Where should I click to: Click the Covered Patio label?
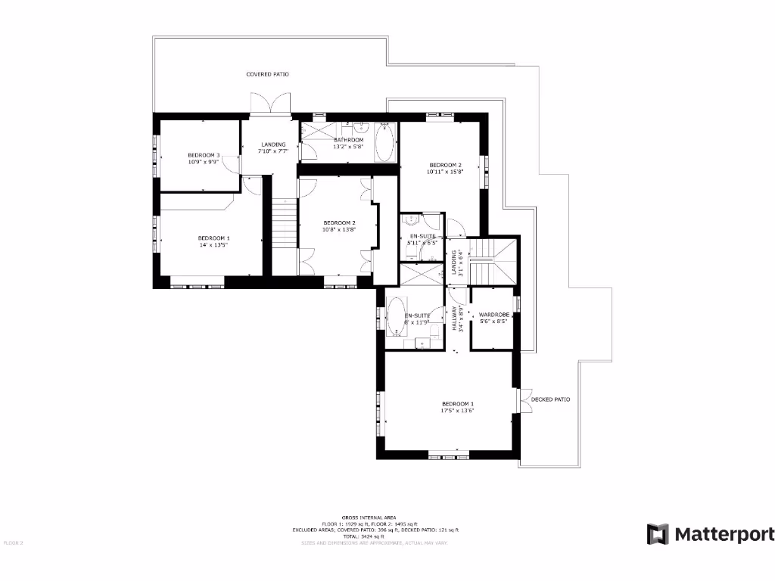click(267, 74)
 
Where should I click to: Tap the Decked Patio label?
click(550, 399)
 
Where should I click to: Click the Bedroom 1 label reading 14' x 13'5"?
click(213, 241)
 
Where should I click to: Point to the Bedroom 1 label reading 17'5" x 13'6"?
click(457, 407)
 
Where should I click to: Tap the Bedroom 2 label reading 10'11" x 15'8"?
click(445, 168)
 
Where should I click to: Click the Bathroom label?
click(348, 143)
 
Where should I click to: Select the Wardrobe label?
click(492, 318)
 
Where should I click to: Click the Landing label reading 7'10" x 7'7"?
click(273, 148)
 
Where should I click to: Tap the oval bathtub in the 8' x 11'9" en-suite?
click(396, 316)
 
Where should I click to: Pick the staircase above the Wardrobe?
click(492, 262)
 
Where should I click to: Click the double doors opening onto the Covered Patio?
click(269, 104)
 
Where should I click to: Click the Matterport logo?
click(710, 534)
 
